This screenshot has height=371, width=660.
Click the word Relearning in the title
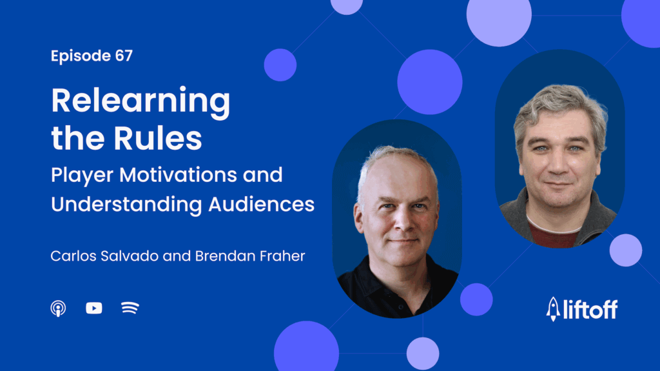(141, 102)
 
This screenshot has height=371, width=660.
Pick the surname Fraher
(284, 256)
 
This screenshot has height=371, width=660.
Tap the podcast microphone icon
(58, 308)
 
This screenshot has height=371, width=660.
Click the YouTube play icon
(94, 308)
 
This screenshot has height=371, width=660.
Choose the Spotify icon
(130, 308)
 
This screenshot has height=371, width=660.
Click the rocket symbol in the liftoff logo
(552, 308)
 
